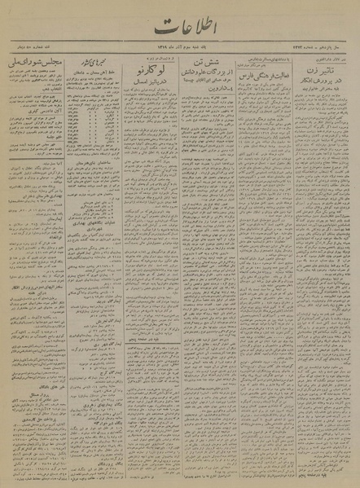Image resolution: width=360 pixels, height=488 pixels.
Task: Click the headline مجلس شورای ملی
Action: (30, 62)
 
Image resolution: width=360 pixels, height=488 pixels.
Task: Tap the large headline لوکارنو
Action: (147, 75)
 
